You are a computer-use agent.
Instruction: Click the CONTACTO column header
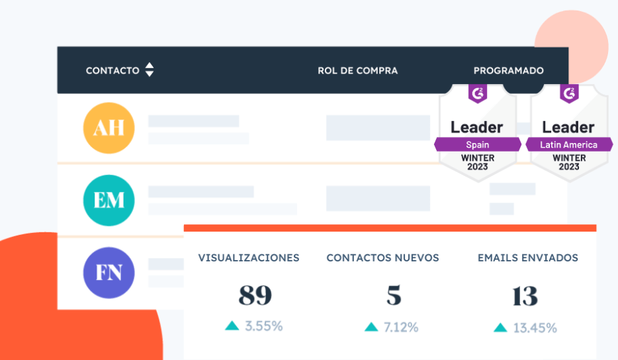112,70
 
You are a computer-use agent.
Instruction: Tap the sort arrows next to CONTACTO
150,69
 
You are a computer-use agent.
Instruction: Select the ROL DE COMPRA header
357,70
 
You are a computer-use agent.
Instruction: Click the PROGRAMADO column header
508,70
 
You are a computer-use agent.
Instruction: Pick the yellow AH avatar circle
109,128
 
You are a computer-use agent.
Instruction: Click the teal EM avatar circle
109,200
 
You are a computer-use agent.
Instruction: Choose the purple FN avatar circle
109,272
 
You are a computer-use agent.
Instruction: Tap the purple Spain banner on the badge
477,144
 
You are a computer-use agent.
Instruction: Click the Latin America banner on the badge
569,144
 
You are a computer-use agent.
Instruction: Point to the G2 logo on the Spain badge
477,93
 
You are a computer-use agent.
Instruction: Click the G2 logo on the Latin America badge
569,93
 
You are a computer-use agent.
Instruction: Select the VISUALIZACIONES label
249,258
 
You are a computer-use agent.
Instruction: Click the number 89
255,296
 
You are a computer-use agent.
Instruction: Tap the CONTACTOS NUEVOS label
382,258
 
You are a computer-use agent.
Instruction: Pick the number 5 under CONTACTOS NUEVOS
394,296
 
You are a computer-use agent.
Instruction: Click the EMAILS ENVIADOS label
528,258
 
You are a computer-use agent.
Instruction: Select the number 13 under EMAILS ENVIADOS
525,296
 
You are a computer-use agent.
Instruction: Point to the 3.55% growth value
264,326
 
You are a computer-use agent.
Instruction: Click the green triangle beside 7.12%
372,327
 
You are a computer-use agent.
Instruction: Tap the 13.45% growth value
535,328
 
